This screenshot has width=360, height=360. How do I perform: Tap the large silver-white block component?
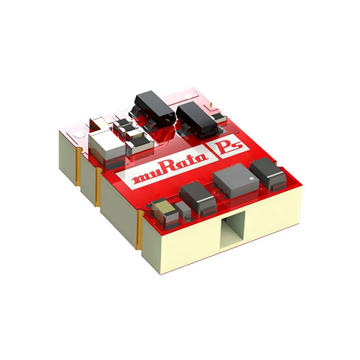(x=104, y=146)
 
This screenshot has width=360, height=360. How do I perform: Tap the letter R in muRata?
(x=163, y=172)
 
